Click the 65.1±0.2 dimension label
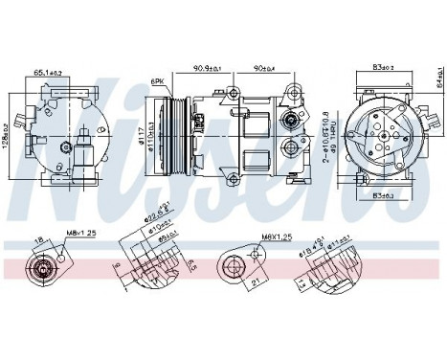click(x=48, y=72)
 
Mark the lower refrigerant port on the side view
click(x=289, y=150)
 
